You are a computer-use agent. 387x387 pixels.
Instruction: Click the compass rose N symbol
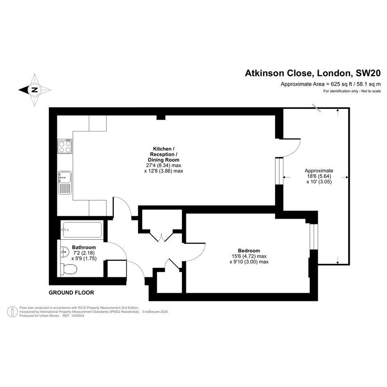pos(35,90)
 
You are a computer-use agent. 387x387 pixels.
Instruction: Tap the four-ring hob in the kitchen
pos(65,146)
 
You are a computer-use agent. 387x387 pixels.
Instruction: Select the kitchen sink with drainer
pos(65,182)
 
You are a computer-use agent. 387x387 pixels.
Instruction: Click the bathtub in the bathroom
pos(82,230)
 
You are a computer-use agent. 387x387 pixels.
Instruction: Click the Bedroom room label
pos(249,251)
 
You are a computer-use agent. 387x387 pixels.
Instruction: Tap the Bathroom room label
pos(84,247)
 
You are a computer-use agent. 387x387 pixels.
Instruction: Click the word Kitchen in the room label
pos(162,149)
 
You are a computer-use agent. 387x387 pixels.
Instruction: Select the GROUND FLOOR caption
pos(71,293)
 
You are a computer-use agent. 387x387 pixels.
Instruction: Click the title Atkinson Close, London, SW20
pos(313,73)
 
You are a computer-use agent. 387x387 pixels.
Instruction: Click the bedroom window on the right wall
pos(314,236)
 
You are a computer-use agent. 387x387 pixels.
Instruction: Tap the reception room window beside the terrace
pos(279,171)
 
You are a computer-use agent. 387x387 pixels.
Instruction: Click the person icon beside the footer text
pos(12,312)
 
